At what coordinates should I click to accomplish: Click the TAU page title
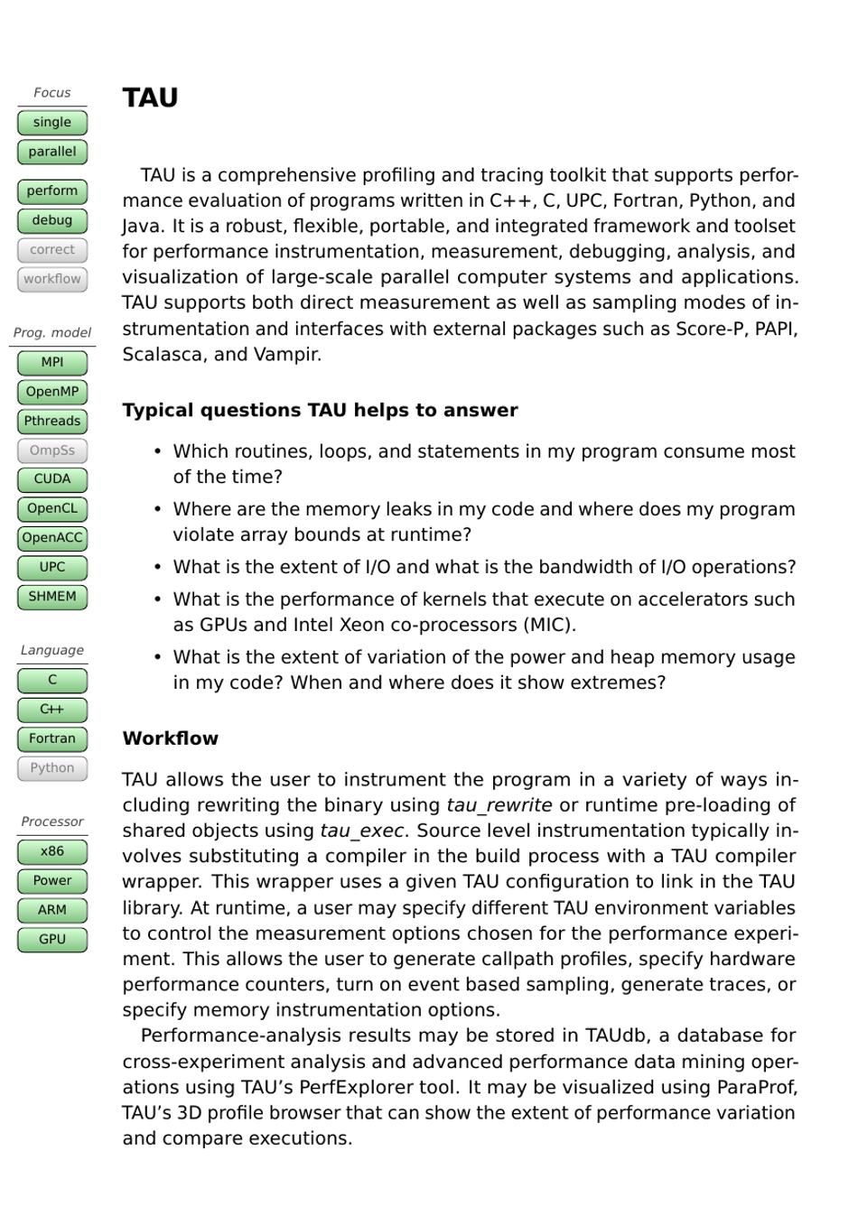[150, 97]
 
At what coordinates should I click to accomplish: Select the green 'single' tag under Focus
[52, 123]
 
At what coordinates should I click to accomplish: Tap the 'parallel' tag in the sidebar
[52, 152]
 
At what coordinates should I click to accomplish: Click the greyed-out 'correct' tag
[52, 250]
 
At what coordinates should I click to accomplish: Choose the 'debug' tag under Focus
[52, 220]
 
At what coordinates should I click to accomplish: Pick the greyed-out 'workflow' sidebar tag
[52, 279]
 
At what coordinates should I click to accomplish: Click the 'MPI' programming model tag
[52, 363]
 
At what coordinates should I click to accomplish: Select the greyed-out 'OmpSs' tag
[52, 450]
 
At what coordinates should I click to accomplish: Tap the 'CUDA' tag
[52, 479]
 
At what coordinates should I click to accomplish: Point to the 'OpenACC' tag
[52, 538]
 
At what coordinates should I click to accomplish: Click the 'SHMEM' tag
[52, 597]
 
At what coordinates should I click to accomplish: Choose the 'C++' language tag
[52, 710]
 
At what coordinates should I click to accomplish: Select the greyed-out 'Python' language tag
[52, 768]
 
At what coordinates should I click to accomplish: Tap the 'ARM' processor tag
[52, 910]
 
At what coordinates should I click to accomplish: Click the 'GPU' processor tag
[52, 940]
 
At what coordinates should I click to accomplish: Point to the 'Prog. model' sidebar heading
[52, 333]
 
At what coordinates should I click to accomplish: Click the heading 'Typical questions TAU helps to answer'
[320, 411]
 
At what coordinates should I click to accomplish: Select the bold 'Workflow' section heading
[170, 738]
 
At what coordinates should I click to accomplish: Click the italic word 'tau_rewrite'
[499, 805]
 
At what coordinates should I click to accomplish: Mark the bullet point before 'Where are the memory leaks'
[157, 510]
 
